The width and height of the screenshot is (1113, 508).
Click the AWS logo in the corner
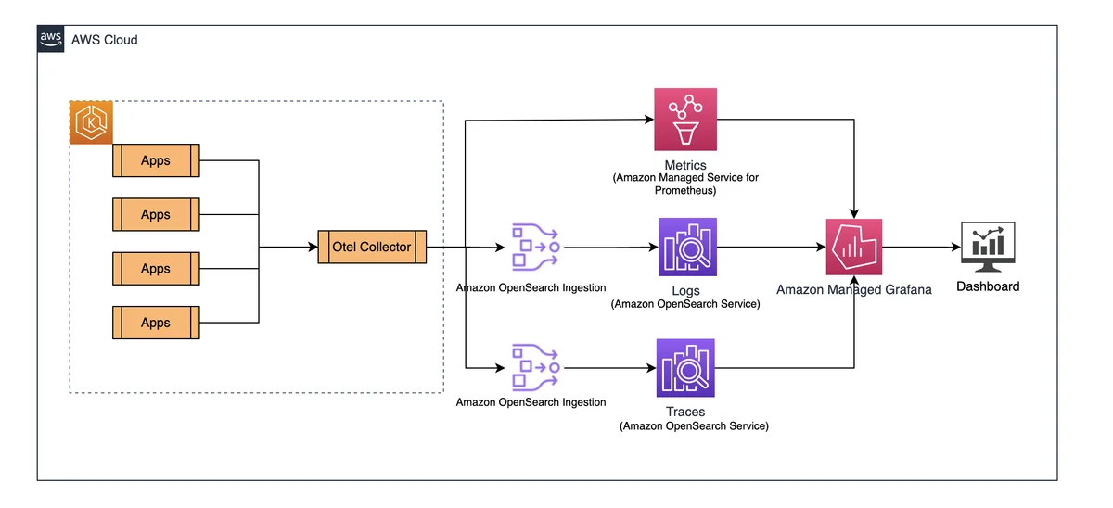point(51,39)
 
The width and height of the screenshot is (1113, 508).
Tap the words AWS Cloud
point(104,40)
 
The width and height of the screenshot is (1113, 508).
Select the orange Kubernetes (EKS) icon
point(91,122)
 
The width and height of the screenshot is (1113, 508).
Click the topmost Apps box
point(156,160)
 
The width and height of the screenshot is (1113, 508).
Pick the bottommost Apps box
point(156,323)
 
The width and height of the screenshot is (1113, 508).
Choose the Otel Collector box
point(372,247)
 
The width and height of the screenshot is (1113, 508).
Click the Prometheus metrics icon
point(685,120)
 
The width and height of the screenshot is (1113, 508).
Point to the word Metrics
point(685,165)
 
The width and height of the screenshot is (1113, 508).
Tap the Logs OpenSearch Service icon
point(687,247)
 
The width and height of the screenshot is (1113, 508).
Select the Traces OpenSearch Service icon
point(685,368)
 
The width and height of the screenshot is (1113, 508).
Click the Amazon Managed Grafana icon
point(854,247)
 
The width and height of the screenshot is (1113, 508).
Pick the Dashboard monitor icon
point(988,247)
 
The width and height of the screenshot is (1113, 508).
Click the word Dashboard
point(988,286)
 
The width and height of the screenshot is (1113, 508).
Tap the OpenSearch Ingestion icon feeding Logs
point(536,247)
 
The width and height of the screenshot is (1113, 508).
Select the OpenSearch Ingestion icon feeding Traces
point(536,367)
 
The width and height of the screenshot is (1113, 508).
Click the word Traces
point(685,412)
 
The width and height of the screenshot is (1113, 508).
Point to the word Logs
point(685,290)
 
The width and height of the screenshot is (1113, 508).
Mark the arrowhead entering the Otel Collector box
point(313,247)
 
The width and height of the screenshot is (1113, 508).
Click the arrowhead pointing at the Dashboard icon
point(956,247)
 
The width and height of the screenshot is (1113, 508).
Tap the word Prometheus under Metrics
point(685,190)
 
